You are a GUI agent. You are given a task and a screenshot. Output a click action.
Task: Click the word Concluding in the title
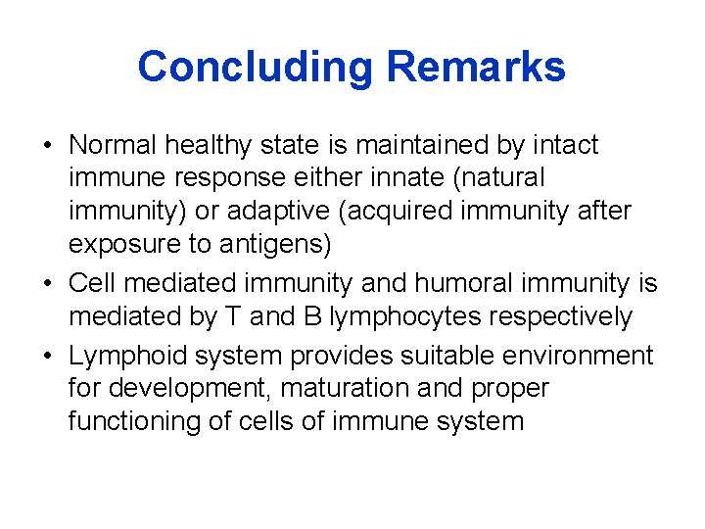(x=256, y=68)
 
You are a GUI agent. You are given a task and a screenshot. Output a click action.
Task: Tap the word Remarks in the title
(x=476, y=68)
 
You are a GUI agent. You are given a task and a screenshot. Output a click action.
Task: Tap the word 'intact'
(x=565, y=146)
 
